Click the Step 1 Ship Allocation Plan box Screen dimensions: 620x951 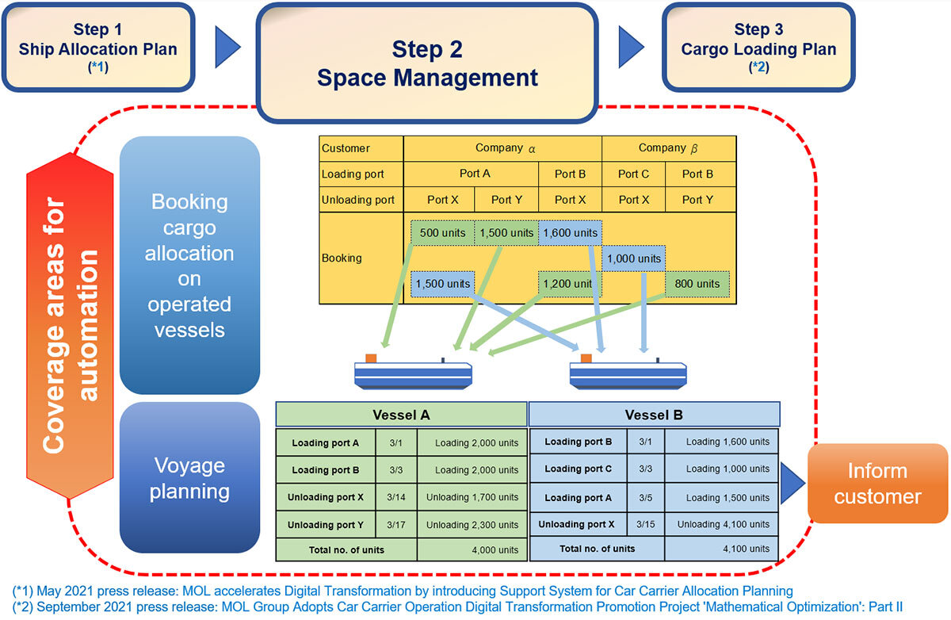tap(98, 48)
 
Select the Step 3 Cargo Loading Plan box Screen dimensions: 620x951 tap(758, 48)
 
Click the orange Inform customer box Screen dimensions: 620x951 tap(878, 484)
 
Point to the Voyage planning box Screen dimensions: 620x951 tap(189, 477)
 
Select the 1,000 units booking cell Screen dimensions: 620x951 tap(633, 258)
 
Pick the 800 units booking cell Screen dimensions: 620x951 tap(697, 284)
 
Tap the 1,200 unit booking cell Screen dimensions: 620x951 tap(570, 284)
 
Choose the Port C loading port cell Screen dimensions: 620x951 tap(633, 174)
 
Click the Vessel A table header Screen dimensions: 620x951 tap(401, 415)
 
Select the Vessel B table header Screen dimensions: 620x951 tap(654, 415)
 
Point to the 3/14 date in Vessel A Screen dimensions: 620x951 tap(395, 497)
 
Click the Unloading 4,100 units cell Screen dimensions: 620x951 tap(722, 524)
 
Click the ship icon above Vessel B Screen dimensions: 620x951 tap(628, 373)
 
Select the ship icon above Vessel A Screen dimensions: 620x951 tap(412, 373)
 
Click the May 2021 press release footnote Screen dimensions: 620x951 tap(403, 591)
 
